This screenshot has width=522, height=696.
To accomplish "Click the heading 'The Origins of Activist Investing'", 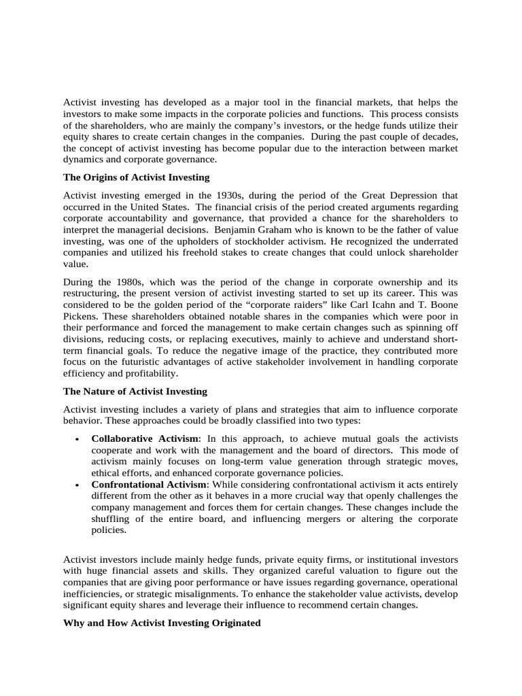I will coord(137,177).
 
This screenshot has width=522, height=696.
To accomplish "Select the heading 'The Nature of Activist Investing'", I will coord(135,391).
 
